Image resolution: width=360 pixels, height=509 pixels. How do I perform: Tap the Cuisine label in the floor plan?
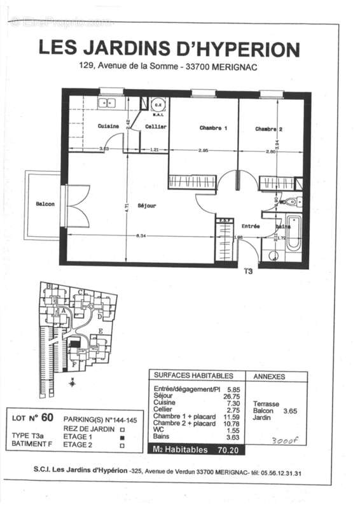pyautogui.click(x=107, y=126)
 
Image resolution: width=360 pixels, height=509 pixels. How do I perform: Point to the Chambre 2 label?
pyautogui.click(x=268, y=129)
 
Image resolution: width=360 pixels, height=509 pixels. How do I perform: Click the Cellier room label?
pyautogui.click(x=156, y=126)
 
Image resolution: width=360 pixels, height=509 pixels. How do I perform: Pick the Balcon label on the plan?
pyautogui.click(x=45, y=204)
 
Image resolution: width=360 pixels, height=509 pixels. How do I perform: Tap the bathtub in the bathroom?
pyautogui.click(x=294, y=235)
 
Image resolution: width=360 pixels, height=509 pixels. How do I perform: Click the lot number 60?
pyautogui.click(x=47, y=417)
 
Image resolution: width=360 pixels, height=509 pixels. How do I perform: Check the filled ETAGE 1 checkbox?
pyautogui.click(x=121, y=438)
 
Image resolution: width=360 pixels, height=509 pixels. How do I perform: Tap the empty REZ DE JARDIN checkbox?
pyautogui.click(x=121, y=429)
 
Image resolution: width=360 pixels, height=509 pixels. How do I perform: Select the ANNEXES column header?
pyautogui.click(x=269, y=377)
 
